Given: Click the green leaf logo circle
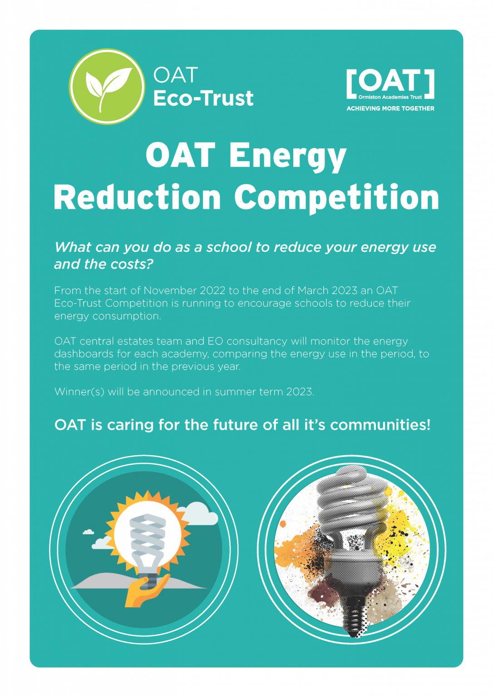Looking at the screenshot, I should pyautogui.click(x=107, y=86).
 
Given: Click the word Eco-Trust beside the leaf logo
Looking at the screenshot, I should pyautogui.click(x=203, y=98).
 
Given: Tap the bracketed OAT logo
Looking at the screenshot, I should pyautogui.click(x=390, y=84).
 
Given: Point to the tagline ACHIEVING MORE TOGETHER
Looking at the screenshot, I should pyautogui.click(x=390, y=108).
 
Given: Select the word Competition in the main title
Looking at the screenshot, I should pyautogui.click(x=336, y=198).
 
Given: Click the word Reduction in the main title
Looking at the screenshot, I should pyautogui.click(x=137, y=198).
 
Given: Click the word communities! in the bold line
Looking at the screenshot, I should pyautogui.click(x=380, y=425).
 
